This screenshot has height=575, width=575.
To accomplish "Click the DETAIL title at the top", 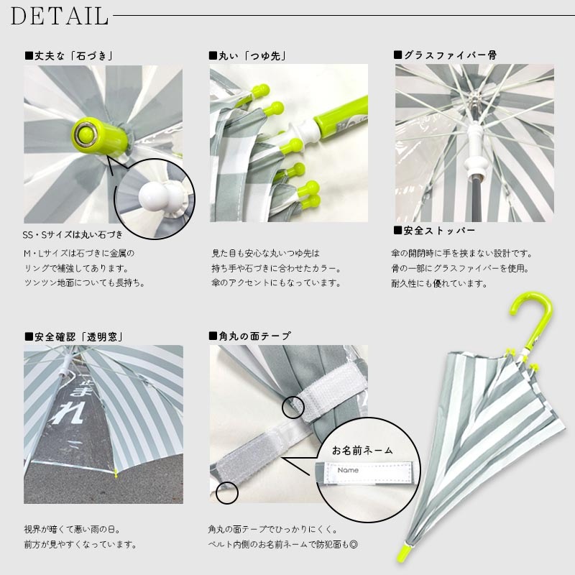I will [60, 15].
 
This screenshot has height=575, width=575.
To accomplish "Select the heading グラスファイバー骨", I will [445, 55].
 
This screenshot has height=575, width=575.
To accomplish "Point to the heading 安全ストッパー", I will [434, 231].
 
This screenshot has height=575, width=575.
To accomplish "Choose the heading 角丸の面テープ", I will [249, 336].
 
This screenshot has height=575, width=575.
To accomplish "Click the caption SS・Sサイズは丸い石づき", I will [73, 235].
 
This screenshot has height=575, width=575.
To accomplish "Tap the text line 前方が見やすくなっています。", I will [80, 544].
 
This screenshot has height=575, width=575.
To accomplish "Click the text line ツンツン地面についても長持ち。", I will [85, 283].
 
